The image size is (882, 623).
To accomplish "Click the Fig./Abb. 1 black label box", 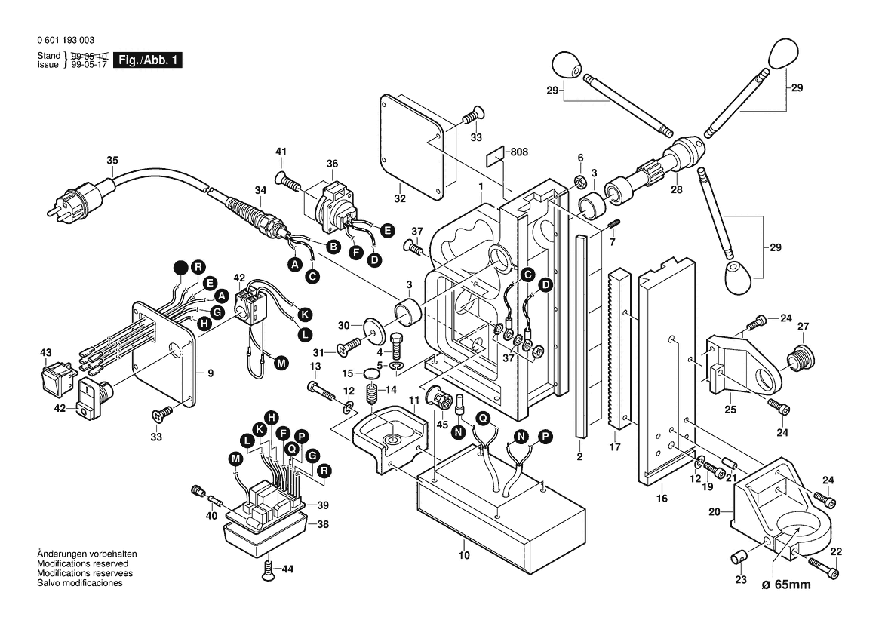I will coord(147,60).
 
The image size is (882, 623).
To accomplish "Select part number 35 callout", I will coord(112,160).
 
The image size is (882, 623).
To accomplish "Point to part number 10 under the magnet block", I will coord(463,556).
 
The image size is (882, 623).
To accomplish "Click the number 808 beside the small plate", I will coord(519,152).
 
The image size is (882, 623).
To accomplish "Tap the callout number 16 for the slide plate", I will coord(662,499).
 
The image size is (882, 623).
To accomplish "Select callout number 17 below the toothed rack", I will coord(615,447).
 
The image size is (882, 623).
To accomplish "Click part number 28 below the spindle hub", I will coord(677,190).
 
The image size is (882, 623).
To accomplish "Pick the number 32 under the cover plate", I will coord(399,199).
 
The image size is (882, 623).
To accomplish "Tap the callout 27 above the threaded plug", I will coord(804,327).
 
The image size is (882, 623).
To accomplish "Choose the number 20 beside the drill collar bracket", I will coord(715,513).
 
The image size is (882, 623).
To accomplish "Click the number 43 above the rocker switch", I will coord(46,353).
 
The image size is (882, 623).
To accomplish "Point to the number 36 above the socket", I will coord(332,164).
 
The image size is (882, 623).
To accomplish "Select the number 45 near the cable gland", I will coord(442,424).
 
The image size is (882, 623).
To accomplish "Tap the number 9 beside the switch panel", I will coord(211,373).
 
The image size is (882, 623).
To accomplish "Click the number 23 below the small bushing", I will coord(741,579).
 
